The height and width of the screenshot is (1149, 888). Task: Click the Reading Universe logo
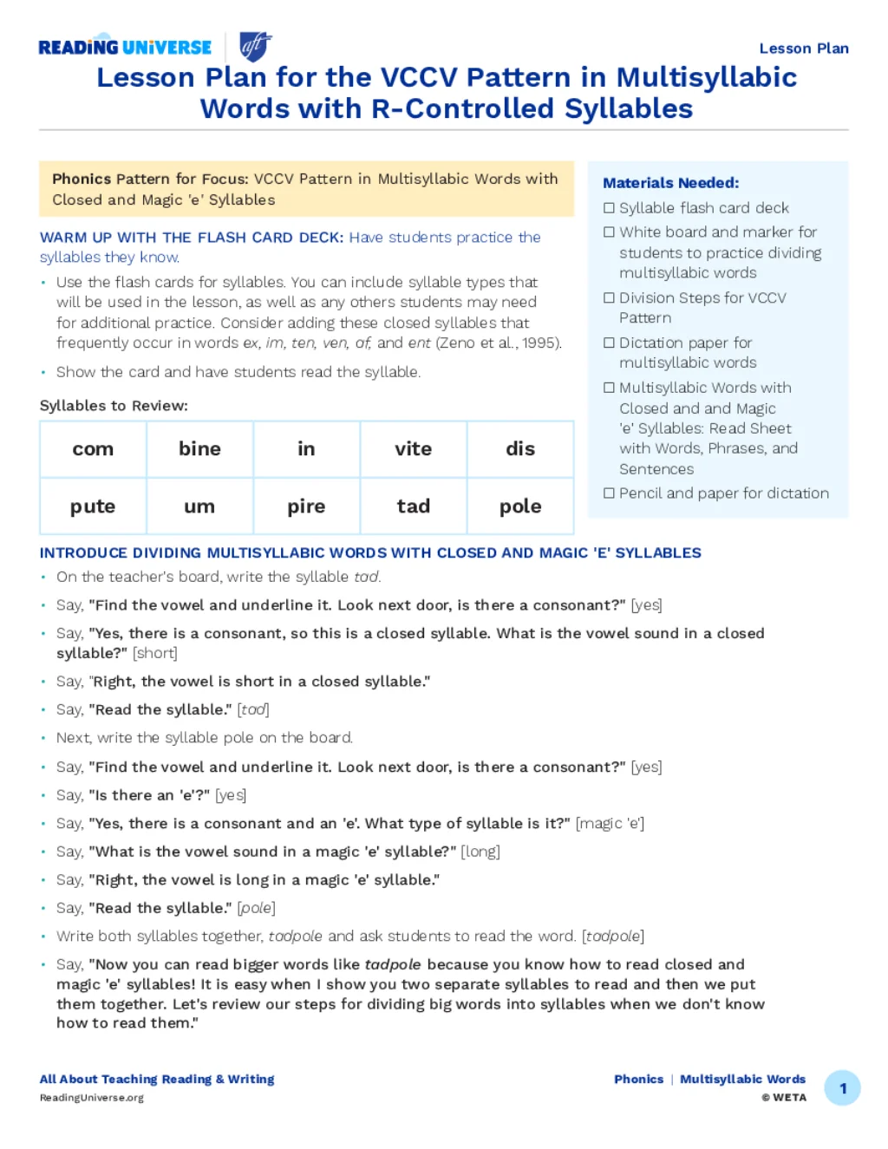click(125, 48)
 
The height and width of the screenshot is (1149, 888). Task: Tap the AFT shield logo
click(255, 46)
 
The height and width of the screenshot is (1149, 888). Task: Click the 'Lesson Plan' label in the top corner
click(803, 49)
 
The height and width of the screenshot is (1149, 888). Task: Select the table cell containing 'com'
click(93, 449)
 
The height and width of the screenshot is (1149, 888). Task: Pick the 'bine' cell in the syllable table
click(199, 449)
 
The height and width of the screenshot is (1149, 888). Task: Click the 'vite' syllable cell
click(413, 449)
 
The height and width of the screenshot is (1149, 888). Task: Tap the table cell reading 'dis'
click(520, 449)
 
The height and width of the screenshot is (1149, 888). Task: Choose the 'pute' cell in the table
click(93, 506)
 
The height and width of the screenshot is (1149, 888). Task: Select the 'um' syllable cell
click(199, 506)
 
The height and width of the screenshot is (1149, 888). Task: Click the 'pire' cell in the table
click(306, 506)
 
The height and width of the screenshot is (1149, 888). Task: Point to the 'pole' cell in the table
click(520, 506)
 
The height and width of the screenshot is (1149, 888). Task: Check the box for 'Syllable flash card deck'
click(609, 208)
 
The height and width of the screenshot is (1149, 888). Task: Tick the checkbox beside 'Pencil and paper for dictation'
click(609, 493)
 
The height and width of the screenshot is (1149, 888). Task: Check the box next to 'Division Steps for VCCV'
click(609, 298)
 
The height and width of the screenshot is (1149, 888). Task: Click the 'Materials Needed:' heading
click(670, 183)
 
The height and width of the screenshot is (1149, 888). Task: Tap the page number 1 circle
click(842, 1088)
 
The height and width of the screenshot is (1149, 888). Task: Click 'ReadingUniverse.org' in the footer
click(92, 1098)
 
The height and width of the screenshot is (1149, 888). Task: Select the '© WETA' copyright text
click(784, 1098)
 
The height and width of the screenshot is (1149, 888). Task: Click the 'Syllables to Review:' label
click(114, 406)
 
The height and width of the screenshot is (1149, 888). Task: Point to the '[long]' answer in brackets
click(480, 852)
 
